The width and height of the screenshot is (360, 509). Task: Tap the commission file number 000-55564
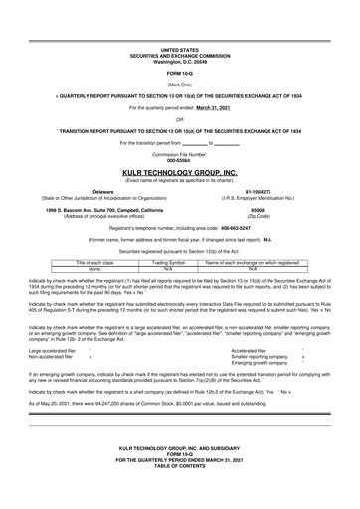tap(180, 160)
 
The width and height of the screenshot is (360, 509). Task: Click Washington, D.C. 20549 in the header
tap(180, 61)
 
